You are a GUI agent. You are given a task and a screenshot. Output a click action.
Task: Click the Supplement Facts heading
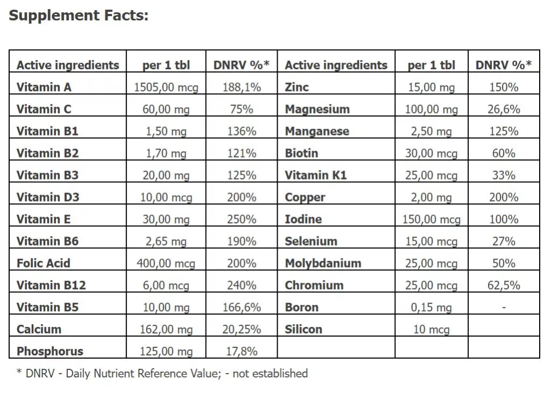pos(79,16)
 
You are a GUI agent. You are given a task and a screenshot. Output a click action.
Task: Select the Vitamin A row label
pos(44,87)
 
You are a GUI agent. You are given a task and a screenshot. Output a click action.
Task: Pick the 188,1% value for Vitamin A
pos(241,87)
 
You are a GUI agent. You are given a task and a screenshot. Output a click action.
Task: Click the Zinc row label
pos(297,87)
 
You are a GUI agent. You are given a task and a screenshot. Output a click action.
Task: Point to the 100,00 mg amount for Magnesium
pos(431,110)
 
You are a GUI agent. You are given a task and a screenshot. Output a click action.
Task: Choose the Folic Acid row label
pos(44,263)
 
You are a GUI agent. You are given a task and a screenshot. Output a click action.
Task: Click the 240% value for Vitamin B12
pos(241,285)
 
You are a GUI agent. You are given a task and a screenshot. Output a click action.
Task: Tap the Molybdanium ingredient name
pos(323,263)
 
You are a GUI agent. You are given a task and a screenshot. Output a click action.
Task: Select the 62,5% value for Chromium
pos(504,285)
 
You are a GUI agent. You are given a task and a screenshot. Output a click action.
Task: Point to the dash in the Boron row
pos(504,308)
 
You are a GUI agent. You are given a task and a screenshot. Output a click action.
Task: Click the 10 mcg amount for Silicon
pos(431,330)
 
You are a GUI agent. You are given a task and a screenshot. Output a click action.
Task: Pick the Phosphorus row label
pos(50,352)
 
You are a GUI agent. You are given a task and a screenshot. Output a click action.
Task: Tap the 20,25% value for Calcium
pos(241,330)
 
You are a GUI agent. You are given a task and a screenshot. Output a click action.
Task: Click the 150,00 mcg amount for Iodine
pos(431,219)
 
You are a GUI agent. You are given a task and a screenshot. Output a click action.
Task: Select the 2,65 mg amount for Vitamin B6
pos(166,241)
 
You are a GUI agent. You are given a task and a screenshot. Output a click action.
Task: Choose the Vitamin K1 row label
pos(316,175)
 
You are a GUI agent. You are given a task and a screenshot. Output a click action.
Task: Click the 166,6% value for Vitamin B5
pos(241,308)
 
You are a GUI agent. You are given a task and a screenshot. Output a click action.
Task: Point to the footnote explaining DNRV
pos(162,374)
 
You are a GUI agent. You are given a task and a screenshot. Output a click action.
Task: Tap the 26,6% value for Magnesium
pos(504,110)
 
